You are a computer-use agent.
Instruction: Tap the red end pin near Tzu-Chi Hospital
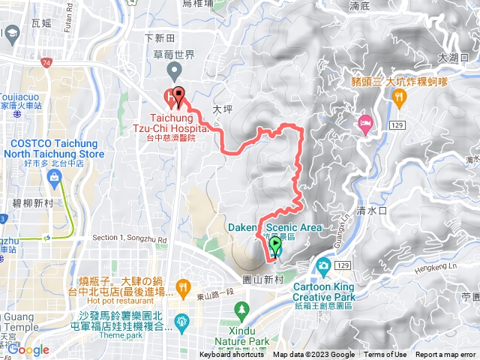pos(178,95)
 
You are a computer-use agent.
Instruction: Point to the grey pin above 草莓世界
pos(174,72)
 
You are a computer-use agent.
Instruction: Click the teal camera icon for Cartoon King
pos(323,265)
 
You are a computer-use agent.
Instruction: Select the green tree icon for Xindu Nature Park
pos(241,309)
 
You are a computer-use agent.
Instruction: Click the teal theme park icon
pos(181,322)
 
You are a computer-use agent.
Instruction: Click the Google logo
pos(28,349)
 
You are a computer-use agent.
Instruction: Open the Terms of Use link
pos(385,355)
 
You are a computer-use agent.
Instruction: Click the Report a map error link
pos(447,355)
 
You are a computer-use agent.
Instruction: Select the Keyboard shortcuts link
pos(232,355)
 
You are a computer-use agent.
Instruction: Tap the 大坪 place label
pos(223,109)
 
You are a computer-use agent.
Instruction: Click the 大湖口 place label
pos(453,57)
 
